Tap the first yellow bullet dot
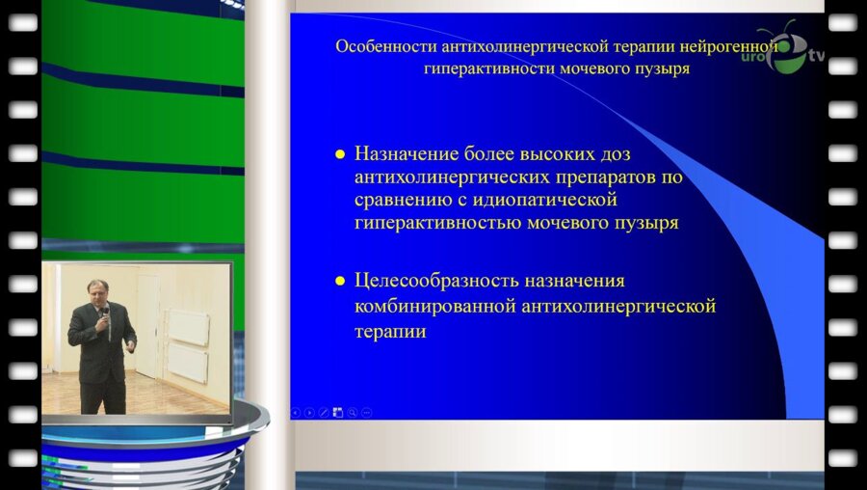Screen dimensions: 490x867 tap(339, 154)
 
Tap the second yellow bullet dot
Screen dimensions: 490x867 tap(339, 282)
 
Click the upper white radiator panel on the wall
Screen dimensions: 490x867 tap(188, 325)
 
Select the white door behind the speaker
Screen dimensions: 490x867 tap(146, 323)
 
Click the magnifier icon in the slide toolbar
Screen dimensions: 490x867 tap(353, 412)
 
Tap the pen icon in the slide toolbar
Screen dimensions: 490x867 tap(324, 412)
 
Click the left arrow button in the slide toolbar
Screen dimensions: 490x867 tap(296, 412)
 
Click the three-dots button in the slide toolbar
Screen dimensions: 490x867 tap(367, 412)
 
